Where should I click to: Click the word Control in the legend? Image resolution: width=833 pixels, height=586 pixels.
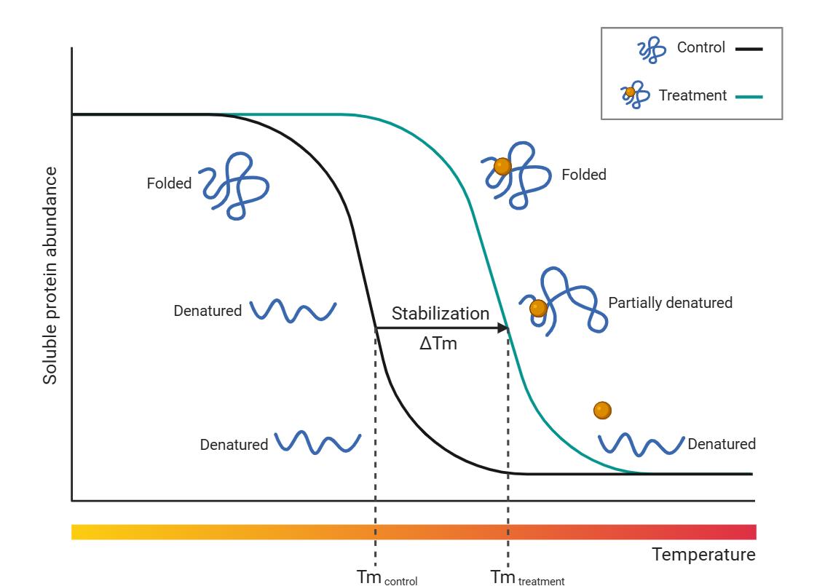(700, 48)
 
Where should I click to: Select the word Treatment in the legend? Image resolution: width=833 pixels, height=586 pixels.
(692, 95)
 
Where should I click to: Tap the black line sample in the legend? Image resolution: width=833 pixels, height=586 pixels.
(749, 49)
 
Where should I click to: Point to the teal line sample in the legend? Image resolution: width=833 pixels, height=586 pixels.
(749, 96)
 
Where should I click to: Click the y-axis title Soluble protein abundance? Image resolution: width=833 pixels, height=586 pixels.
(50, 275)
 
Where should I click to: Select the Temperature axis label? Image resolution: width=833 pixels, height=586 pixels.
(703, 555)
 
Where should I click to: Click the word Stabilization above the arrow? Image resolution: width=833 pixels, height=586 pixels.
(441, 314)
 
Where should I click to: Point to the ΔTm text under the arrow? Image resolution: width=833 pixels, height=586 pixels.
(438, 344)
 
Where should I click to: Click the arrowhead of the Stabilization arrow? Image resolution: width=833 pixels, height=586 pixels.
(502, 328)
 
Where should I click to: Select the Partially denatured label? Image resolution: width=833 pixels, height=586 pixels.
(670, 303)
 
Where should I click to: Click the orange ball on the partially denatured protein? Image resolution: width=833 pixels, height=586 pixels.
(538, 309)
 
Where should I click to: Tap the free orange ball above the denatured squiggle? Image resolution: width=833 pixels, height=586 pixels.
(602, 411)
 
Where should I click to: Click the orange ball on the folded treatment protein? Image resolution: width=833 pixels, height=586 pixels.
(502, 167)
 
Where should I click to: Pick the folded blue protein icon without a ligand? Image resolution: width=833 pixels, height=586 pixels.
(235, 185)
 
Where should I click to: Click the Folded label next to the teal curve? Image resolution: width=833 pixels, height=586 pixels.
(583, 175)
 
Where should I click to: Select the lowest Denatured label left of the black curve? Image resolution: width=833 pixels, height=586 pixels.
(234, 444)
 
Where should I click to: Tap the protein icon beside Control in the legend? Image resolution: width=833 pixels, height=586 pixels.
(652, 50)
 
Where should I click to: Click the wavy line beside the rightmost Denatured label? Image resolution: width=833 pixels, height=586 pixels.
(641, 443)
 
